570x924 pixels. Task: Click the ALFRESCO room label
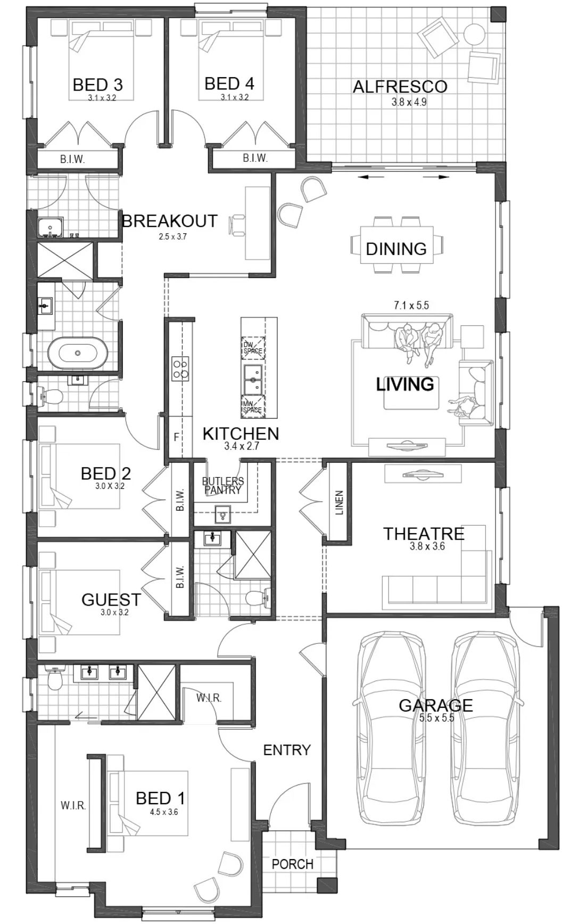(400, 86)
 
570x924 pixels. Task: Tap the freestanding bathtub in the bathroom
(78, 353)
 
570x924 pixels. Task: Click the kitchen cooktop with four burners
(180, 368)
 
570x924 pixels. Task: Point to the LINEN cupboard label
(340, 502)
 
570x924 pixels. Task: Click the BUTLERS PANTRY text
(223, 485)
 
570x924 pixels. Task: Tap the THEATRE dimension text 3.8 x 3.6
(427, 546)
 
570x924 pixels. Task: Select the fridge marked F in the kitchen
(176, 437)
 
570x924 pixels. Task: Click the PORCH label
(292, 864)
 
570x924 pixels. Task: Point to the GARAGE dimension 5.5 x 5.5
(436, 717)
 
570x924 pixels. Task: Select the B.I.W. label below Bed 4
(255, 158)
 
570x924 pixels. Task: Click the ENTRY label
(287, 750)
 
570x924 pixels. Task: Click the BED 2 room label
(106, 473)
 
